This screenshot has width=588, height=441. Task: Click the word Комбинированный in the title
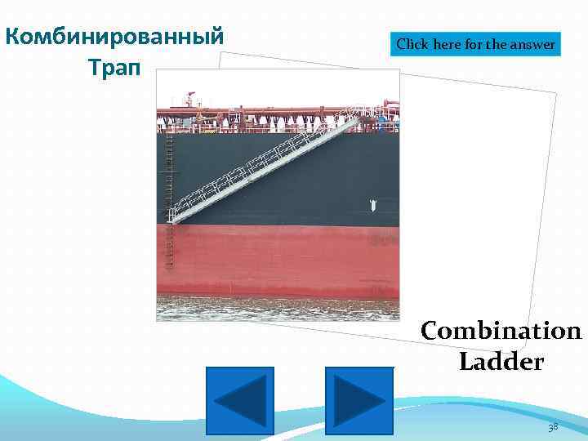pos(114,38)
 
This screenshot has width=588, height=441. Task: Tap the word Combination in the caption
pos(501,332)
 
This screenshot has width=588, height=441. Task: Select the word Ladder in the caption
pos(501,361)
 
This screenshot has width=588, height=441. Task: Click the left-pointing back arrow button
pos(239,400)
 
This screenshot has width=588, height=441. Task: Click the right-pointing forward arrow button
pos(359,400)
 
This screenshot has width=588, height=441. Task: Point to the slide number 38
pos(553,427)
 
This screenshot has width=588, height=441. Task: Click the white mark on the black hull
pos(371,203)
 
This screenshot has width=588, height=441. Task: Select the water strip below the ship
pos(278,308)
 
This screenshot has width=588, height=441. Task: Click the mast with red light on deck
pos(191,100)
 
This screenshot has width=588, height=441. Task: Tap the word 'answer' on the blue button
pos(533,45)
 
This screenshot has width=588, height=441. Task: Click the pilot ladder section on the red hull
pos(170,245)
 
